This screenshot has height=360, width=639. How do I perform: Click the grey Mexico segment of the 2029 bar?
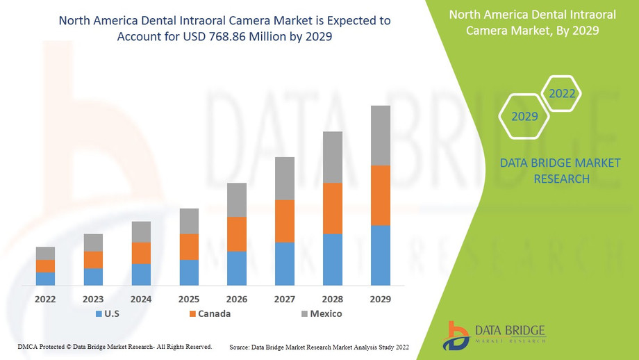click(381, 136)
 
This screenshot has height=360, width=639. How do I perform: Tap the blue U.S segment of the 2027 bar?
click(285, 263)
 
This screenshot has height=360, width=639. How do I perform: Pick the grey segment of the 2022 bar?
click(45, 253)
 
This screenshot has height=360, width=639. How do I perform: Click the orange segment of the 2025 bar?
click(189, 247)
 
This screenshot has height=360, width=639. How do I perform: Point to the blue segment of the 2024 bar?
click(141, 275)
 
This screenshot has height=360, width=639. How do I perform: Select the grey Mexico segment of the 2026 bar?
click(237, 199)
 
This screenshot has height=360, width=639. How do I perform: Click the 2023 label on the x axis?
click(93, 299)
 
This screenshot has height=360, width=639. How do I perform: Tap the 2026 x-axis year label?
click(237, 299)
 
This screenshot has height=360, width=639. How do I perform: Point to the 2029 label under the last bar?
click(381, 299)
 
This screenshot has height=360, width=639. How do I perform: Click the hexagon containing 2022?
click(561, 94)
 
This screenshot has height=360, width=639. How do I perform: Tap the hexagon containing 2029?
click(524, 116)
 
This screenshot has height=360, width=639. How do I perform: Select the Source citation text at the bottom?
click(319, 346)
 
